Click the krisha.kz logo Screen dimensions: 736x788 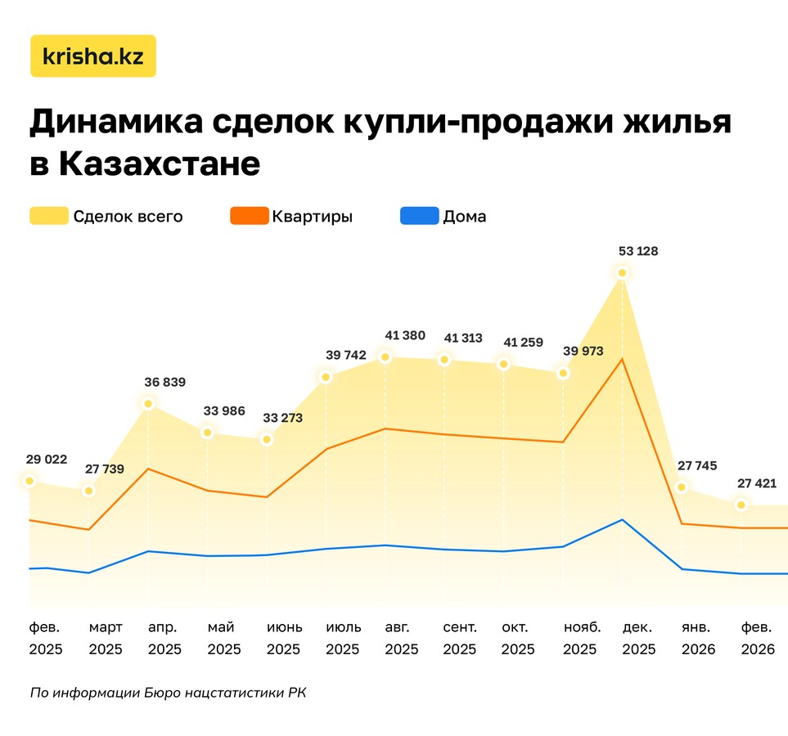pos(92,56)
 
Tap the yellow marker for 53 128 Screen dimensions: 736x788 pos(623,273)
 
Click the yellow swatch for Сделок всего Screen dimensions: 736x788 pos(48,217)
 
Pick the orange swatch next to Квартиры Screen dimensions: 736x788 pos(249,217)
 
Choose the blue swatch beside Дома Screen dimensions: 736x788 pos(419,217)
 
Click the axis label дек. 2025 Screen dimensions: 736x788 pos(638,639)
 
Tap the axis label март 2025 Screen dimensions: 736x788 pos(106,639)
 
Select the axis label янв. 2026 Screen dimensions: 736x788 pos(698,639)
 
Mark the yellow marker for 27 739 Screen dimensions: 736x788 pos(89,491)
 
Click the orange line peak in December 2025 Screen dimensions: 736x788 pos(623,359)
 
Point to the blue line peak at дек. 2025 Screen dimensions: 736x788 pos(623,519)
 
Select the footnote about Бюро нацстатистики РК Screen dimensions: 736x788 pos(168,693)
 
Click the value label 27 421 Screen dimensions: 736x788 pos(756,483)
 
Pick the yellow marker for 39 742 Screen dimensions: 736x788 pos(326,377)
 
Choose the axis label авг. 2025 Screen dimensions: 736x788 pos(402,639)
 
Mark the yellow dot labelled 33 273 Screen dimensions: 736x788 pos(267,440)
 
